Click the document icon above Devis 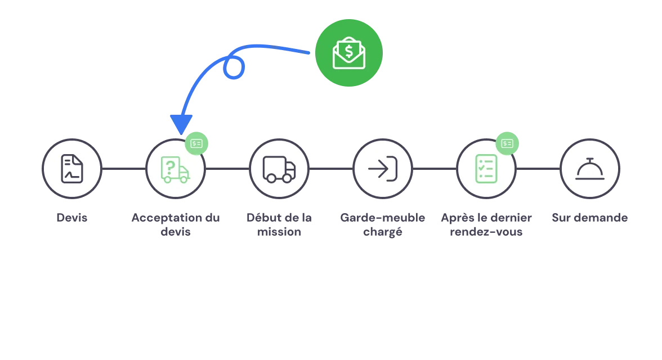(72, 169)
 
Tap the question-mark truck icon (175, 169)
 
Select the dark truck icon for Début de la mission (279, 169)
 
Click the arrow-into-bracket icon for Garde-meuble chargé (383, 169)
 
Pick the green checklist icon (486, 169)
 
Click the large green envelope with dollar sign (349, 53)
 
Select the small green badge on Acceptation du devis (196, 143)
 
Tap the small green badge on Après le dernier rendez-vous (507, 143)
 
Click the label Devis (72, 218)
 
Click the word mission (279, 232)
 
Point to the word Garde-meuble (383, 218)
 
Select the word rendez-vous (486, 232)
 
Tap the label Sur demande (590, 218)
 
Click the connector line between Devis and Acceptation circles (124, 169)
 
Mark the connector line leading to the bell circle (538, 169)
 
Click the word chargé (383, 232)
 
